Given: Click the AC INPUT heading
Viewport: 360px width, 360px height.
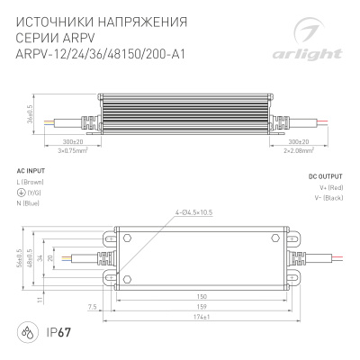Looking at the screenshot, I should (x=34, y=169).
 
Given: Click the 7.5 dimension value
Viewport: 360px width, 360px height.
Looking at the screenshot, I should (x=94, y=307).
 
